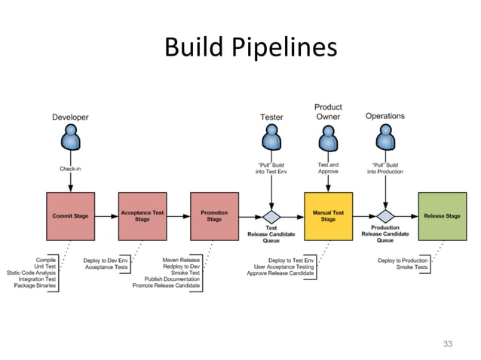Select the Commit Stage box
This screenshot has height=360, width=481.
[70, 215]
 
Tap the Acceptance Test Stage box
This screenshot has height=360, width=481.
[142, 215]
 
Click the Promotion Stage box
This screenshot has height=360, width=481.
[214, 215]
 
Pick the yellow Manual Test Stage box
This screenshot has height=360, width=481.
[328, 215]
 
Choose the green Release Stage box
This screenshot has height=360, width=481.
[442, 215]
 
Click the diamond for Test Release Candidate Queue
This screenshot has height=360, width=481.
[271, 215]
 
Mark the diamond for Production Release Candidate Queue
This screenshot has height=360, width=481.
[385, 215]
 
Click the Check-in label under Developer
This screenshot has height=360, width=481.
[70, 169]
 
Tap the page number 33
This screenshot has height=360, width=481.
[448, 344]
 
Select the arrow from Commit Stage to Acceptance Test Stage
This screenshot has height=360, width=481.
[106, 215]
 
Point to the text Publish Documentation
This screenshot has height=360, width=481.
[173, 279]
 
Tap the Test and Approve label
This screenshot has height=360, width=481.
[328, 169]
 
